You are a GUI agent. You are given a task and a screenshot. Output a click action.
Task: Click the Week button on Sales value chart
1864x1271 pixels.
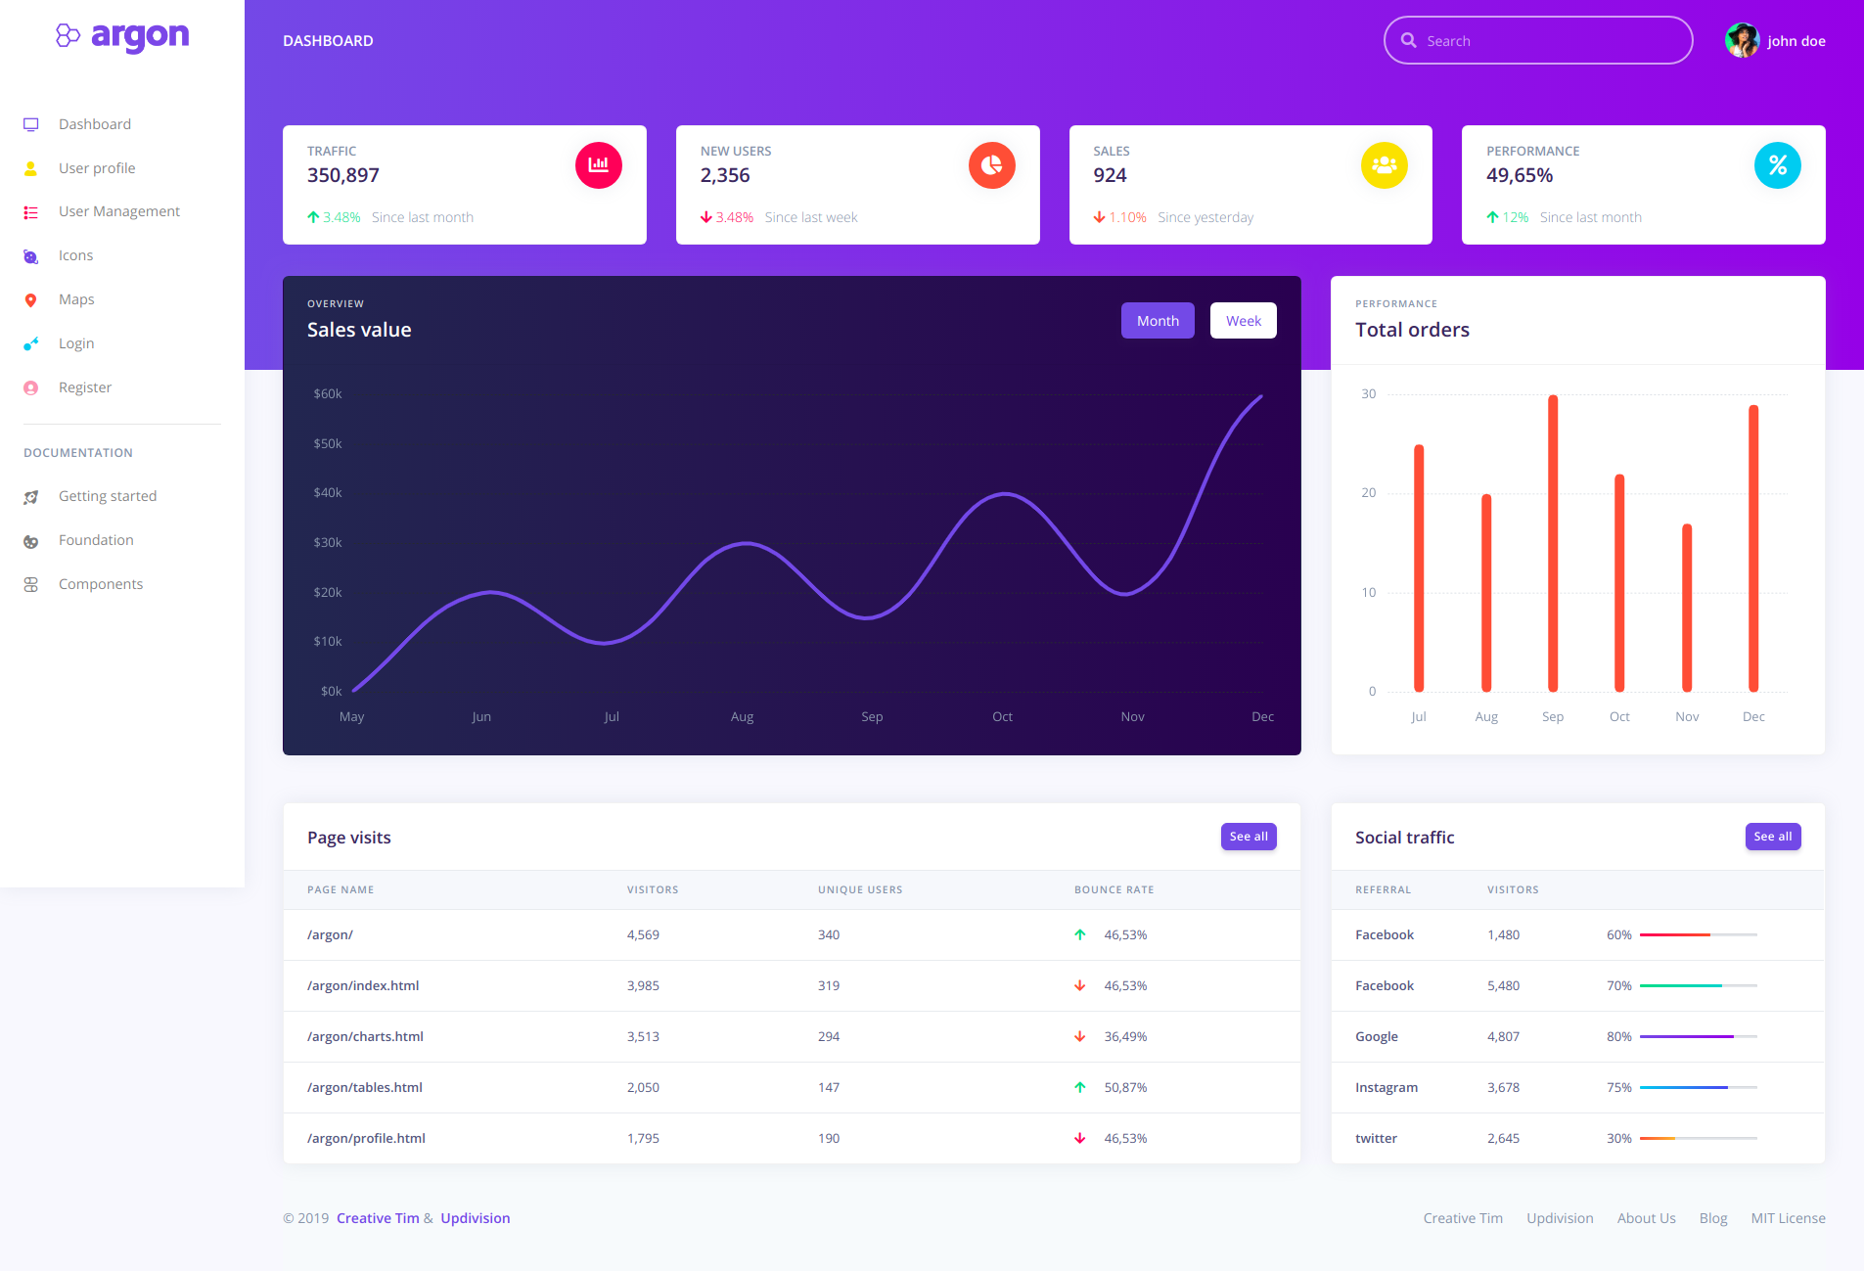(x=1243, y=321)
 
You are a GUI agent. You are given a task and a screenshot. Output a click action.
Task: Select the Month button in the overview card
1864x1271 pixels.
(x=1158, y=321)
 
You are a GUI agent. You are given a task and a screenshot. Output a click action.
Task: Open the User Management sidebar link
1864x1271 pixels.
(x=118, y=211)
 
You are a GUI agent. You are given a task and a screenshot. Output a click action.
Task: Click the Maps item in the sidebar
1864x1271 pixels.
(x=76, y=299)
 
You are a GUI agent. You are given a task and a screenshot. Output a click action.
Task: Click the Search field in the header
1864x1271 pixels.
(x=1546, y=41)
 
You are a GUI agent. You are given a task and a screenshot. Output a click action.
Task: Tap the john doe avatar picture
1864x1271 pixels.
(x=1742, y=41)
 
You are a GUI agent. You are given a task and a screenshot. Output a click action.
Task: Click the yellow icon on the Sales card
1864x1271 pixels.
(x=1384, y=165)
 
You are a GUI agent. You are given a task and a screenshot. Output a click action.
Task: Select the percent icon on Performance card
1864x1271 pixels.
(x=1777, y=165)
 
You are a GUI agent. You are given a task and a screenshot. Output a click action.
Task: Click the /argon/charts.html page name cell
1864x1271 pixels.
(x=365, y=1036)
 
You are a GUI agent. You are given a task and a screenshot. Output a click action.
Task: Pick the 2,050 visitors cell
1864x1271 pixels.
(x=643, y=1087)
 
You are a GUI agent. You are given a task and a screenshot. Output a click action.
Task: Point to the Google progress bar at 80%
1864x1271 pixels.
(x=1698, y=1036)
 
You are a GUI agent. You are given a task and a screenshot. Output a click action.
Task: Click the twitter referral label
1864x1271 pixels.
(x=1376, y=1138)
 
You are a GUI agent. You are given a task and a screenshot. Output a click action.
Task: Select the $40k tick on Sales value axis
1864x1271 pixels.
(x=328, y=493)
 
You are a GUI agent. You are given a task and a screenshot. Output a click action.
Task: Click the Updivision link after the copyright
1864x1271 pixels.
(x=475, y=1218)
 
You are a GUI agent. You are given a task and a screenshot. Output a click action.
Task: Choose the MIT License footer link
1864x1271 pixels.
(x=1788, y=1218)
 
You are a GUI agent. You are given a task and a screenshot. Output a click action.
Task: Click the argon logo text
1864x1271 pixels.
(x=140, y=35)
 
